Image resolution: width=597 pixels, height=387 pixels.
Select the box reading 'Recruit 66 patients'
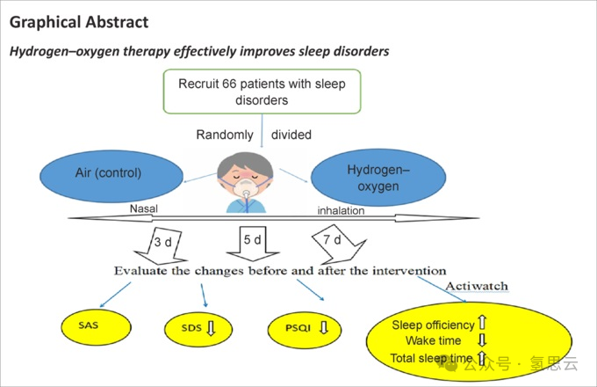pos(263,91)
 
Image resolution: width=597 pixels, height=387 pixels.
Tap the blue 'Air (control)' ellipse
pos(107,172)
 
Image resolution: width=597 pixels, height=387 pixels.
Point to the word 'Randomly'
pos(224,135)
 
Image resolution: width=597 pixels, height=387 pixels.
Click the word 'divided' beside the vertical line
pos(291,135)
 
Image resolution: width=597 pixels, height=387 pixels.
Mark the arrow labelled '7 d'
pos(332,240)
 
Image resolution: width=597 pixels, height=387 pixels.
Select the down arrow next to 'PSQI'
pos(323,328)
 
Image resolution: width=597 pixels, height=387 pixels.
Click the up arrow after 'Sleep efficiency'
pos(481,323)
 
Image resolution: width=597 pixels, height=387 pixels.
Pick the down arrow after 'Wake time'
pos(481,340)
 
